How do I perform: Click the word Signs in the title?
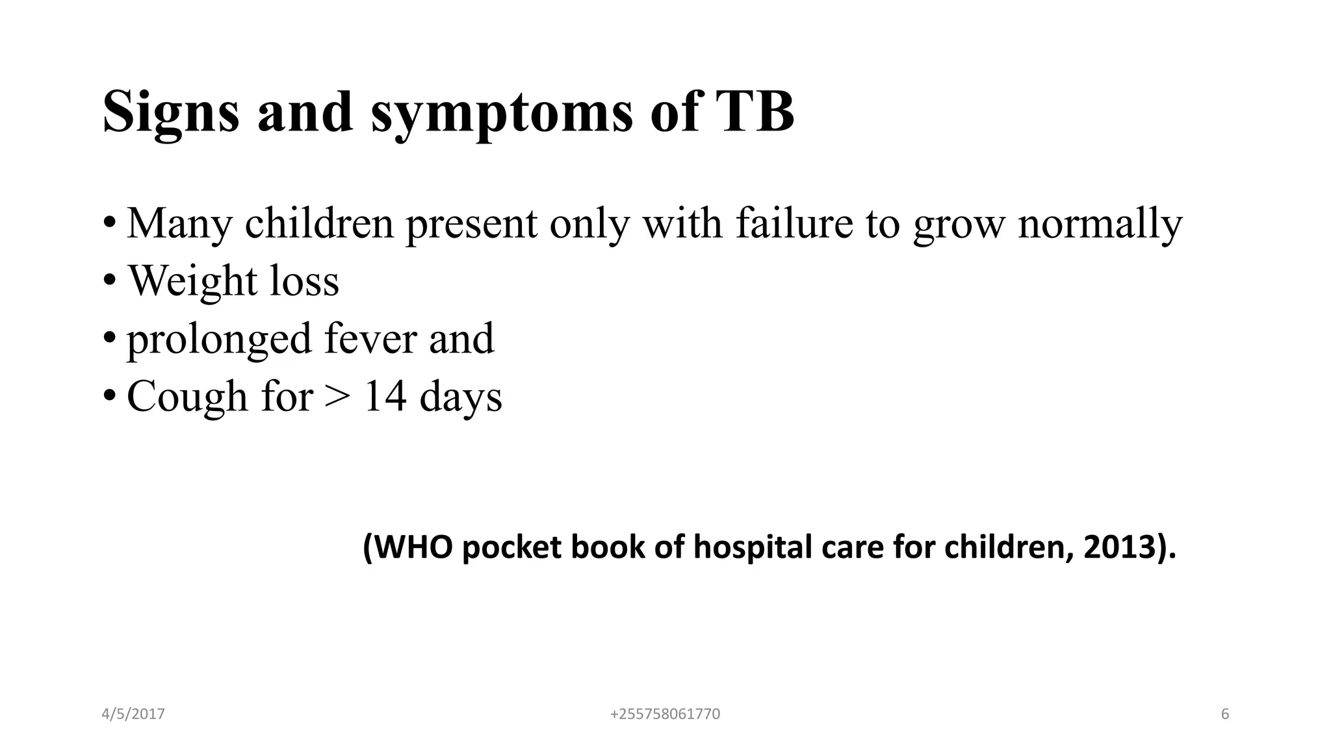pos(170,113)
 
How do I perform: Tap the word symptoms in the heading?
pos(502,114)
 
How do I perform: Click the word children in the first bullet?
pos(319,223)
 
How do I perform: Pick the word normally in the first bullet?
pos(1100,224)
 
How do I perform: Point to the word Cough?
pos(187,397)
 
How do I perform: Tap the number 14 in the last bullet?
pos(385,396)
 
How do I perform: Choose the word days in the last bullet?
pos(461,397)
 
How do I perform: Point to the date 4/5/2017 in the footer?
pos(133,714)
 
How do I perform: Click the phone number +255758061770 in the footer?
pos(665,714)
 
